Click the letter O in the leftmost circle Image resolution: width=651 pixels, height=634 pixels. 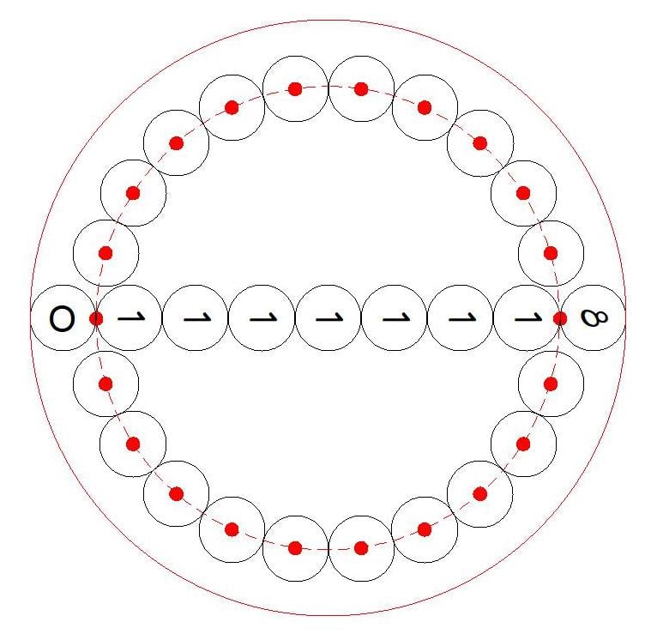63,319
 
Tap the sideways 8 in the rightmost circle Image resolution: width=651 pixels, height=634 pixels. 594,318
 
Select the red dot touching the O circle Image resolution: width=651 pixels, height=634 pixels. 96,319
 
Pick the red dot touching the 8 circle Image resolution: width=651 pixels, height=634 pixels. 560,319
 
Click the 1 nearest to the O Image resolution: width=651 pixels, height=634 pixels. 131,318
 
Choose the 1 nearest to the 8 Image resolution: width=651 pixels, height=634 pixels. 528,318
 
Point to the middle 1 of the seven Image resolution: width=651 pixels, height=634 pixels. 329,318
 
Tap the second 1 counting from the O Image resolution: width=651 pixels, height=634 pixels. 197,318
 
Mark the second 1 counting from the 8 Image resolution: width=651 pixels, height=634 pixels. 461,318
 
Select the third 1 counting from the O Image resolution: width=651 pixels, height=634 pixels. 263,318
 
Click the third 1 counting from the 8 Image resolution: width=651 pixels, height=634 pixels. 395,318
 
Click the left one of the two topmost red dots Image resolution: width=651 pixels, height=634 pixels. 295,89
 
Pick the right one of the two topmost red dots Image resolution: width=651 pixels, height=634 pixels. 361,89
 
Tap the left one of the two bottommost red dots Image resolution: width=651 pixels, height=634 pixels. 295,548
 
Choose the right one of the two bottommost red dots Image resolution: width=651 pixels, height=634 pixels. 361,548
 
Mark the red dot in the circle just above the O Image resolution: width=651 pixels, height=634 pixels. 105,253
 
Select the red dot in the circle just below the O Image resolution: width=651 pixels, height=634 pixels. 105,384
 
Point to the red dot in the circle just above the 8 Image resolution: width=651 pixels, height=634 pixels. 551,253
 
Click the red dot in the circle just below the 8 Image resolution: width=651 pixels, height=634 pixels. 551,384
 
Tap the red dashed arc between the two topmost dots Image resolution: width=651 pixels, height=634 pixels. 328,86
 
